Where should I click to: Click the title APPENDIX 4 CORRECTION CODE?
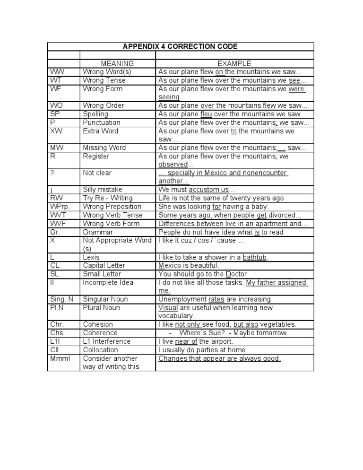[x=180, y=46]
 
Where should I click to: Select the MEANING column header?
[x=117, y=63]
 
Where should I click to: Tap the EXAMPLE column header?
[x=234, y=63]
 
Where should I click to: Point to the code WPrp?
[x=60, y=207]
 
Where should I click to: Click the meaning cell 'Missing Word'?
[x=104, y=148]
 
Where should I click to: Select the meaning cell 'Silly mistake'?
[x=102, y=190]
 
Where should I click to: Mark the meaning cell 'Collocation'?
[x=100, y=350]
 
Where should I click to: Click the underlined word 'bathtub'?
[x=255, y=257]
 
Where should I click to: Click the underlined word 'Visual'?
[x=168, y=308]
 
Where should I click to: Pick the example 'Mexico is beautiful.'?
[x=189, y=266]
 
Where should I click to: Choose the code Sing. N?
[x=61, y=299]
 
